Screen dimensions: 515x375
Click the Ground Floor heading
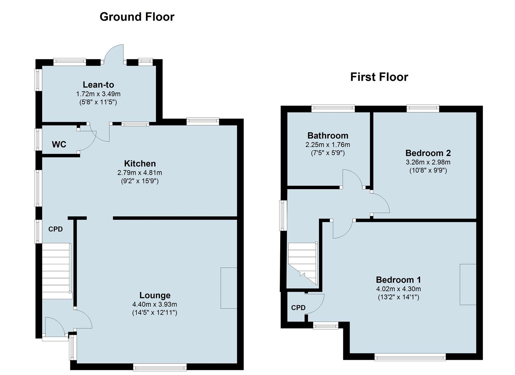click(137, 17)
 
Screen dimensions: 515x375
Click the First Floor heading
click(379, 77)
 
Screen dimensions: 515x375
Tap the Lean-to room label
click(98, 85)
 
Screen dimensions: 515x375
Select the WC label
click(59, 144)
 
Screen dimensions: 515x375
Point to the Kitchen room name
click(140, 164)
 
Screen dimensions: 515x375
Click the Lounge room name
click(155, 295)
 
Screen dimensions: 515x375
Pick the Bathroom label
click(328, 135)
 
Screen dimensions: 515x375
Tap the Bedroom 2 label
click(428, 153)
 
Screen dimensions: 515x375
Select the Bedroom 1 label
click(398, 280)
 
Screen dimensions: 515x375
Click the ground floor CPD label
click(55, 229)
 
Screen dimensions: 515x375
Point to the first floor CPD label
click(298, 308)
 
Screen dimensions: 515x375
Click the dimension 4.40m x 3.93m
click(155, 304)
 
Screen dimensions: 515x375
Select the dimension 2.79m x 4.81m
click(140, 173)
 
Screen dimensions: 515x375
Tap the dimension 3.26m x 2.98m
click(428, 162)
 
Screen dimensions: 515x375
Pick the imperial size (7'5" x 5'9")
click(328, 153)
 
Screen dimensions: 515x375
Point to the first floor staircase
click(303, 264)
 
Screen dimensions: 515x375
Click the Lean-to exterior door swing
click(113, 53)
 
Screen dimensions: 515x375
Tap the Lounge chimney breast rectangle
click(229, 288)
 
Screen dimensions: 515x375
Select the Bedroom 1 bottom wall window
click(410, 357)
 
